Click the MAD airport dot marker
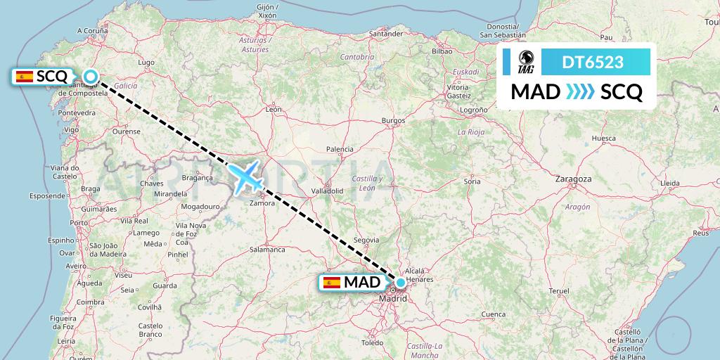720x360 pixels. pos(400,283)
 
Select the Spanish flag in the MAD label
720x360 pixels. pos(331,283)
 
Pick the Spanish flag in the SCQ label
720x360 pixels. pos(24,76)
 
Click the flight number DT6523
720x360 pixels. pos(593,62)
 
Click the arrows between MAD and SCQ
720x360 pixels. pos(581,92)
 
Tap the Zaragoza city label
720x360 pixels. pos(572,179)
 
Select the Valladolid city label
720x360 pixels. pos(327,191)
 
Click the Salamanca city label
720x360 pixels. pos(266,249)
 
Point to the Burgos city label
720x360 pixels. pos(393,121)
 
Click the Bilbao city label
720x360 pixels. pos(442,51)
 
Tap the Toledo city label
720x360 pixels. pos(372,343)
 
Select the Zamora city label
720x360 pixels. pos(262,203)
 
